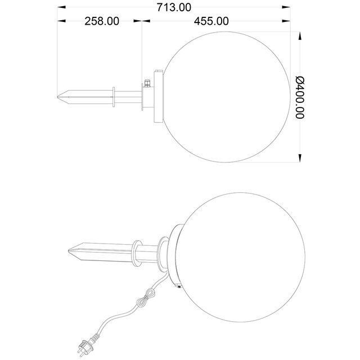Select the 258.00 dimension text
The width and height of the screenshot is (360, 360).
(x=102, y=22)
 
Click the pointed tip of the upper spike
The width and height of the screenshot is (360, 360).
(x=58, y=97)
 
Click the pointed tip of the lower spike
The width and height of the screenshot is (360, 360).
(x=68, y=249)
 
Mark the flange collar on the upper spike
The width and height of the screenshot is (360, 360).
(x=115, y=97)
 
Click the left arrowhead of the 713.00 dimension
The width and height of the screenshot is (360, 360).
(x=60, y=7)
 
